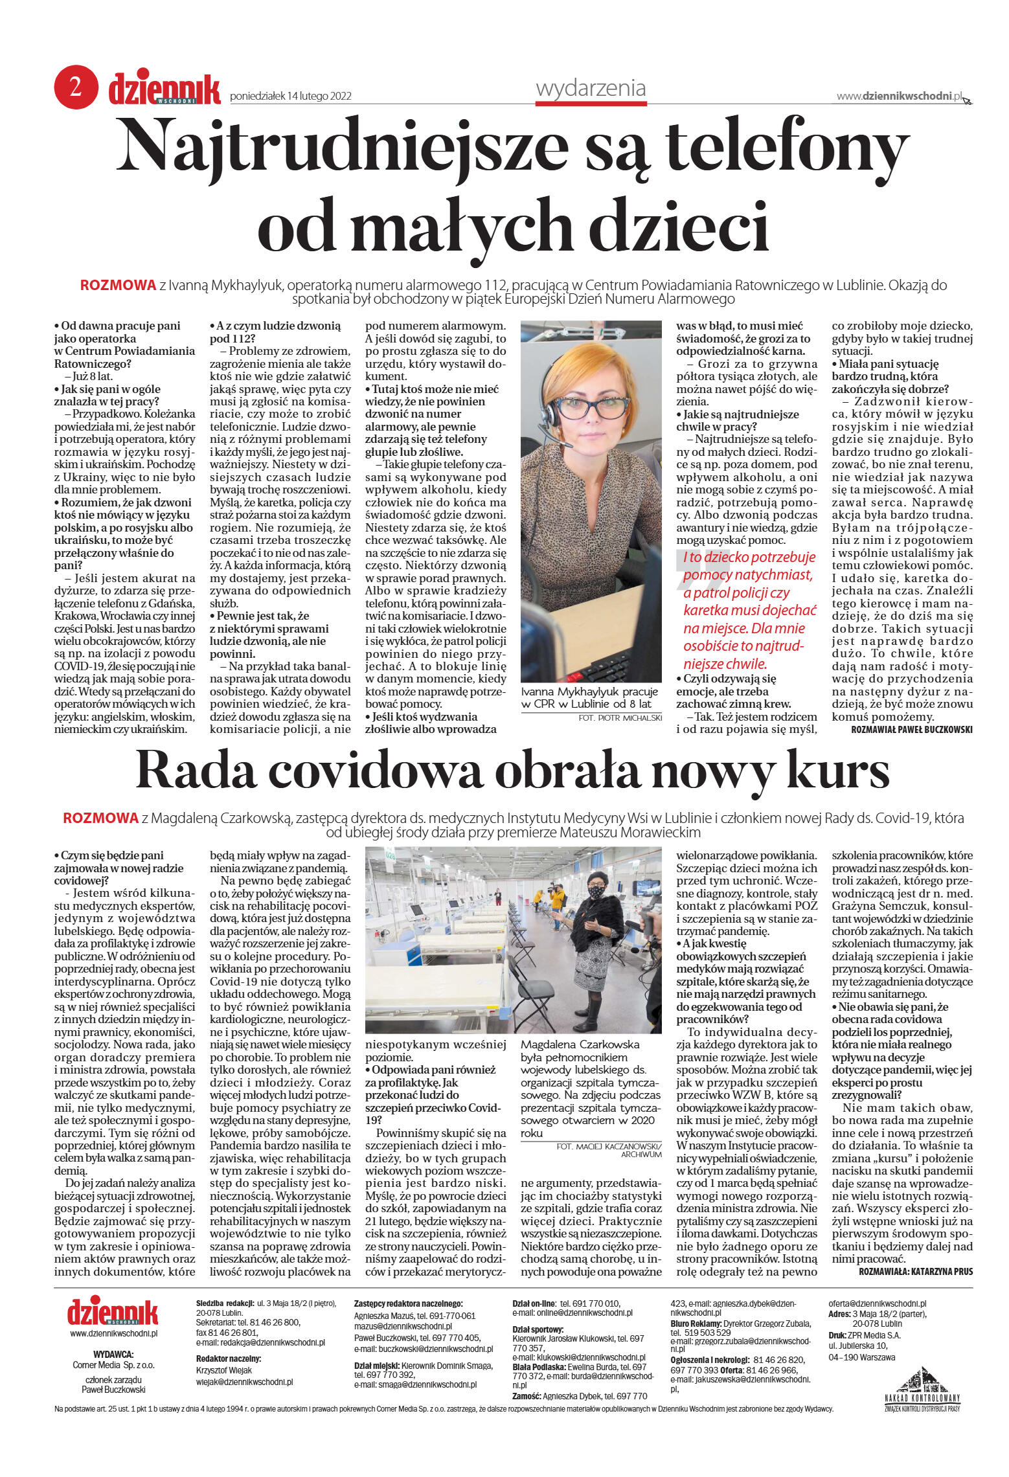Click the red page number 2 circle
(x=76, y=87)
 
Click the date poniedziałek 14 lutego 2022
(x=291, y=96)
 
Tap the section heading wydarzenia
(x=591, y=88)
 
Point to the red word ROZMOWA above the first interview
(x=118, y=285)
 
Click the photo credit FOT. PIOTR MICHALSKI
(x=620, y=717)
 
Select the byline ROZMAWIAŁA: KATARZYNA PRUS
(x=915, y=1271)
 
